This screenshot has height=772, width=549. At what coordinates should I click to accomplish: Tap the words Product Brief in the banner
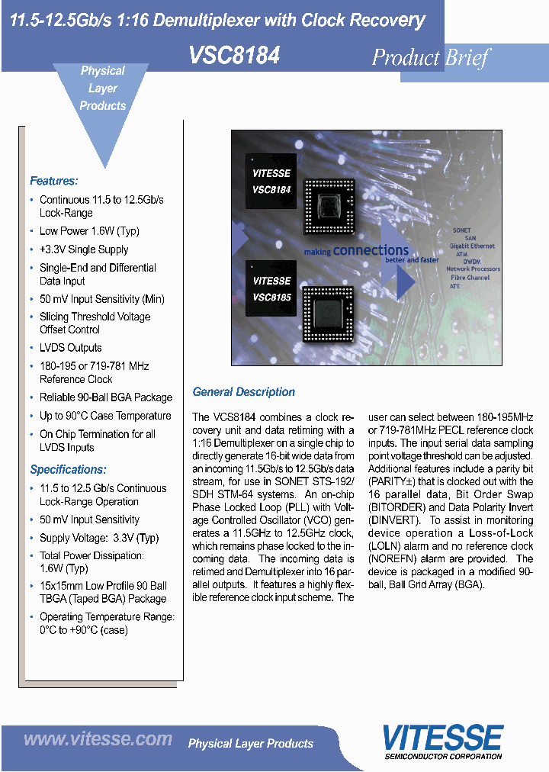(x=430, y=57)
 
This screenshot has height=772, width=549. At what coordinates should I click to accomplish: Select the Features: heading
(x=53, y=181)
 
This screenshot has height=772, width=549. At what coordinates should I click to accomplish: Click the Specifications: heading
(x=68, y=469)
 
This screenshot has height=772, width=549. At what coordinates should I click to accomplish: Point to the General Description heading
(x=243, y=392)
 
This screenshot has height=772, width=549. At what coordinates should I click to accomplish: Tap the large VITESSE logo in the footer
(x=442, y=738)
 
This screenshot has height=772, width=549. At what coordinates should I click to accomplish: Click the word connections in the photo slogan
(x=371, y=250)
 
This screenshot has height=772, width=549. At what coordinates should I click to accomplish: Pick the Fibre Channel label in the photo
(x=467, y=278)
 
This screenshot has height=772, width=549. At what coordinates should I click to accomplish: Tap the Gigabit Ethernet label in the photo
(x=471, y=246)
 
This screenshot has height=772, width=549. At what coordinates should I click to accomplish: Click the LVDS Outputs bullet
(x=70, y=348)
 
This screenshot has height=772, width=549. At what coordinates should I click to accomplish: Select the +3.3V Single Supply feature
(x=84, y=249)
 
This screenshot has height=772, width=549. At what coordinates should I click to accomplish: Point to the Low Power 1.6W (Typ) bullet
(x=89, y=231)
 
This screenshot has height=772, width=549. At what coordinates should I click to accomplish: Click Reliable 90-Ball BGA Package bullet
(x=106, y=397)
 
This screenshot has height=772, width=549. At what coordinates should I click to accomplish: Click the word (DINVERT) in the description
(x=393, y=520)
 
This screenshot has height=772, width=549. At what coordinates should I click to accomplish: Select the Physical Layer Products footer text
(x=250, y=743)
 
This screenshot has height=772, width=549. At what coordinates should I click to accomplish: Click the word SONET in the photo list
(x=461, y=230)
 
